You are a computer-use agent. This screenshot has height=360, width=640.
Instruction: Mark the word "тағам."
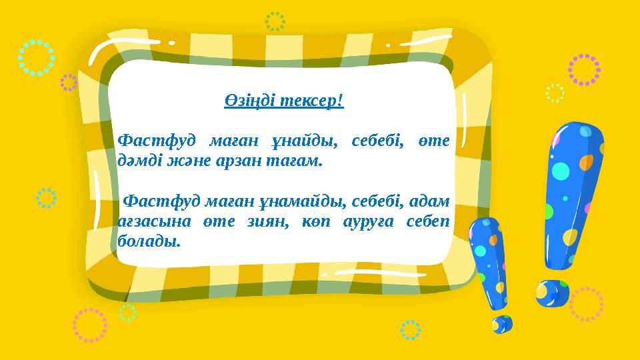pyautogui.click(x=294, y=161)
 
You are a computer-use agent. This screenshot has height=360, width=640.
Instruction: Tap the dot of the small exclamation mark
pyautogui.click(x=502, y=324)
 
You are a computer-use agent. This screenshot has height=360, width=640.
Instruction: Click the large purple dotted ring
pyautogui.click(x=584, y=70)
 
